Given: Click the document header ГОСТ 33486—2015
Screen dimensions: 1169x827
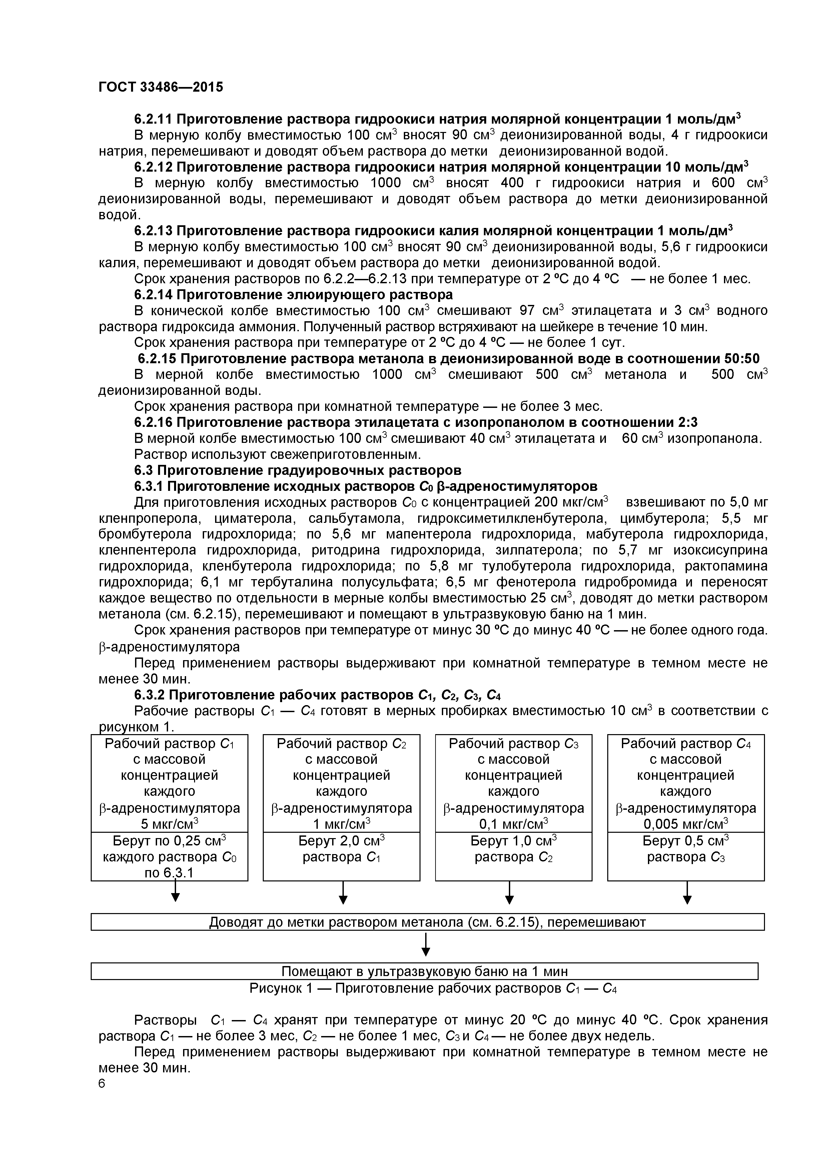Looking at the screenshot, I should tap(160, 87).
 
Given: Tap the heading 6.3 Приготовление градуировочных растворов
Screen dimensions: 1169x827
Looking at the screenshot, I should tap(297, 470).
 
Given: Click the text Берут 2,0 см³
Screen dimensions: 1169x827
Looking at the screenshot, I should tap(341, 841).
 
